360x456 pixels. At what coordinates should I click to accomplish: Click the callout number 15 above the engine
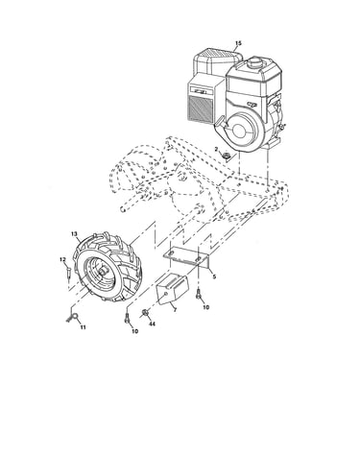[238, 43]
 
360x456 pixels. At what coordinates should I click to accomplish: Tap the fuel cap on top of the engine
[254, 61]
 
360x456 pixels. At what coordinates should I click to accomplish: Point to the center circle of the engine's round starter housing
[240, 130]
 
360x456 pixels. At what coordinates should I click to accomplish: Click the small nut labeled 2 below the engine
[226, 156]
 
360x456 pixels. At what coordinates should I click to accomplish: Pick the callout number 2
[216, 150]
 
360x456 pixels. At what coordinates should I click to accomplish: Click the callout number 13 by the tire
[74, 234]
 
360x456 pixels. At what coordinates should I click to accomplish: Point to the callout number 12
[62, 259]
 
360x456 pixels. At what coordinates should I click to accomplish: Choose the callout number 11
[83, 327]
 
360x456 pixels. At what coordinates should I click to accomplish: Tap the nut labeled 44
[145, 312]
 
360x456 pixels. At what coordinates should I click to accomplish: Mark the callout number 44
[152, 324]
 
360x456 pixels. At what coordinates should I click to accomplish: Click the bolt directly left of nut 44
[128, 319]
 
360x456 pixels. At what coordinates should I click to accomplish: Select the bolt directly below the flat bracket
[199, 293]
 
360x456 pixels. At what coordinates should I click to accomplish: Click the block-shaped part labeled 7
[172, 288]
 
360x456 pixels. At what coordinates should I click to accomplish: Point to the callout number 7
[175, 310]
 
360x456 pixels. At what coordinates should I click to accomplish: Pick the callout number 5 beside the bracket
[214, 276]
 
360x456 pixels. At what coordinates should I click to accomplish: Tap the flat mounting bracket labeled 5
[186, 256]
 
